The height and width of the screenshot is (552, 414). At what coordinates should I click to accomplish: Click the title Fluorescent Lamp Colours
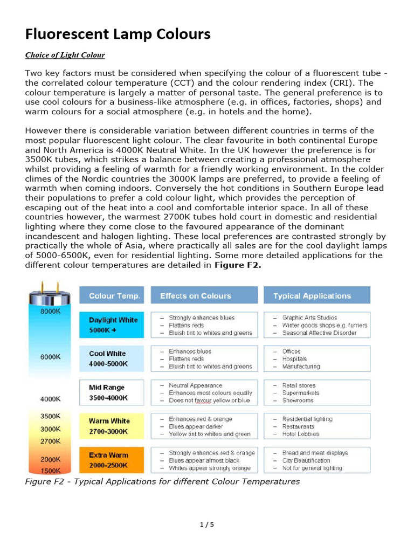tap(118, 34)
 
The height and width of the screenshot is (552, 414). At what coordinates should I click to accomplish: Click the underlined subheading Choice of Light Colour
tap(65, 55)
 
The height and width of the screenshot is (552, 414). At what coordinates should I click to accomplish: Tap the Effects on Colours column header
tap(195, 295)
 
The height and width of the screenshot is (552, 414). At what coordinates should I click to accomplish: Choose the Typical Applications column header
tap(312, 295)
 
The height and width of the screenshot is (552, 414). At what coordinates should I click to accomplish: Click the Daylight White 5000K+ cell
tap(112, 325)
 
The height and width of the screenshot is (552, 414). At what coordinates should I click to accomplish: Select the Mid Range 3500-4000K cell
tap(112, 392)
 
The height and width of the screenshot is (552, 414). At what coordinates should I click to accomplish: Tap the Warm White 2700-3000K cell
tap(112, 426)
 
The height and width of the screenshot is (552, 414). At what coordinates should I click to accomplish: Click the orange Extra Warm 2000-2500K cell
tap(112, 460)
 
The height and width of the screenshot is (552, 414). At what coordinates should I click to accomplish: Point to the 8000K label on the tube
tap(50, 312)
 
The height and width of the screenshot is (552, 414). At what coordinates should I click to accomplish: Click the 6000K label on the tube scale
tap(50, 357)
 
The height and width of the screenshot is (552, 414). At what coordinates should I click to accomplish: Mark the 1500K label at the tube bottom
tap(50, 470)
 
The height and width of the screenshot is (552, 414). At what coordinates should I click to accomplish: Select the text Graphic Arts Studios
tap(309, 318)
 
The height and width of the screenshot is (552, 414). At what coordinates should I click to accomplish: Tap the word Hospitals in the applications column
tap(294, 359)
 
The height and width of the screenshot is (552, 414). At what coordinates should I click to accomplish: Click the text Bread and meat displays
tap(315, 453)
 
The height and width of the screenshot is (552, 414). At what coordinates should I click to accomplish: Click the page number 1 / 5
tap(206, 525)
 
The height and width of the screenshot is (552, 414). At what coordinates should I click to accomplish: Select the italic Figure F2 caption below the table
tap(162, 481)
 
